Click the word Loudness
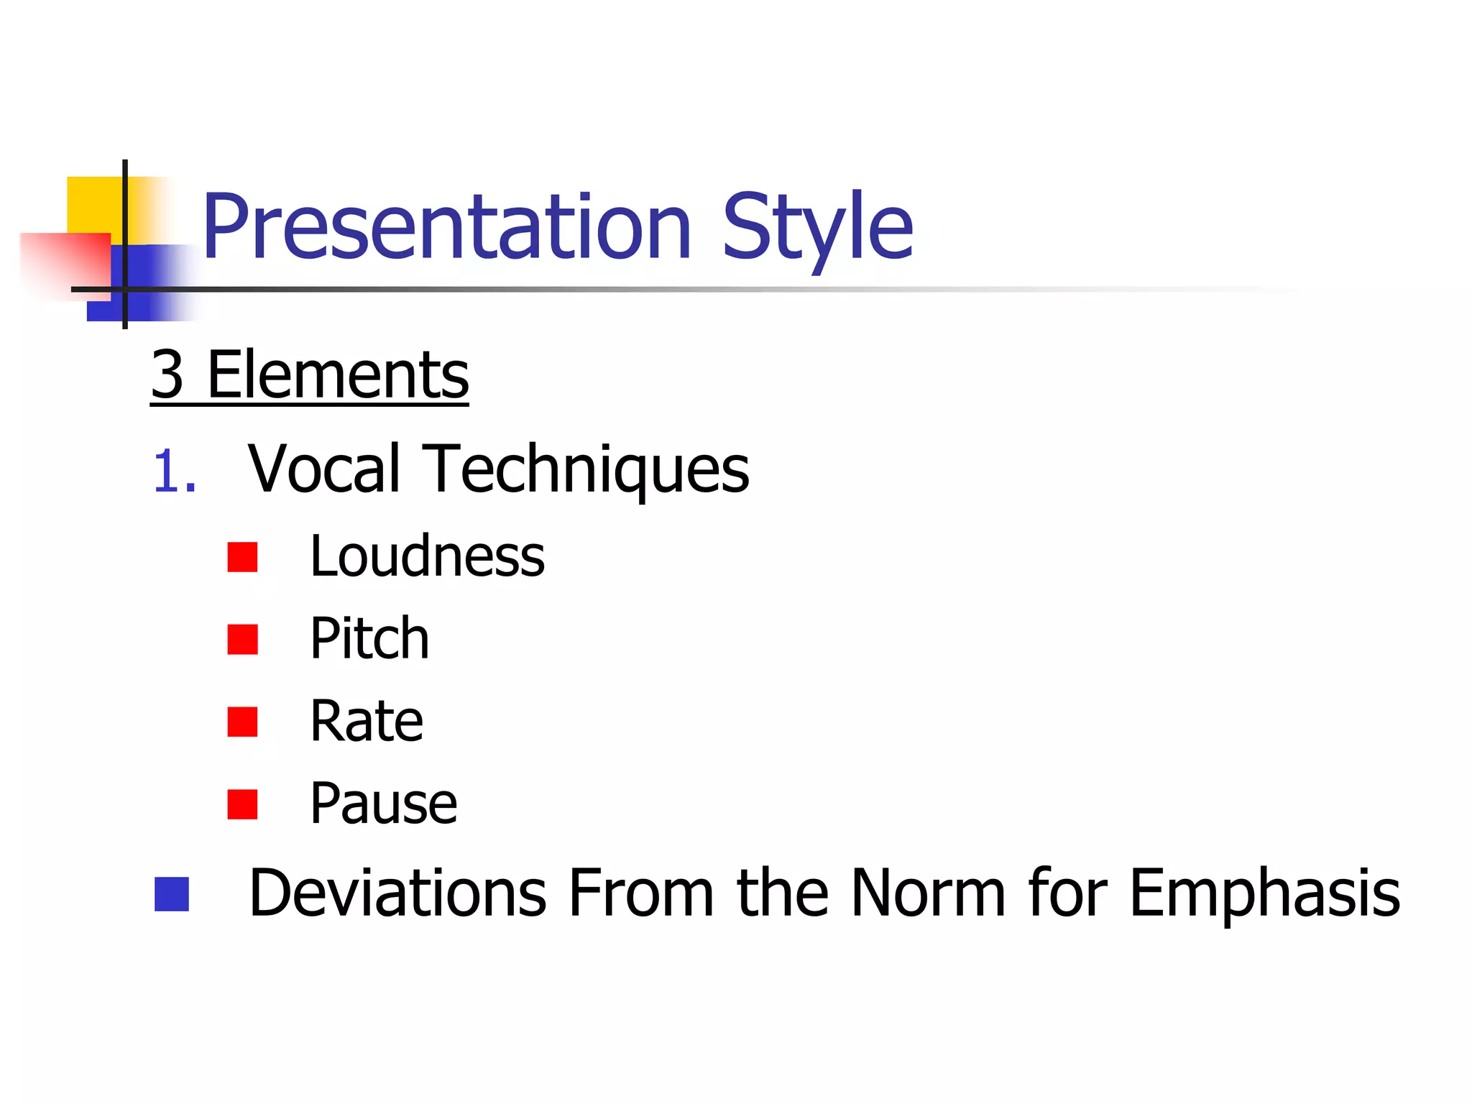coord(427,556)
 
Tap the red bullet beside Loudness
coord(242,557)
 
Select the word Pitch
coord(369,638)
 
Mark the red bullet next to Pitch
coord(242,639)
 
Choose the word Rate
coord(367,721)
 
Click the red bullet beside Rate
coord(242,722)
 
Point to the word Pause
coord(383,804)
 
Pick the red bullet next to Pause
coord(242,804)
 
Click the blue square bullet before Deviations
coord(172,894)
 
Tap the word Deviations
coord(397,893)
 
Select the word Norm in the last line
coord(928,893)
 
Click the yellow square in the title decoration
coord(93,204)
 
